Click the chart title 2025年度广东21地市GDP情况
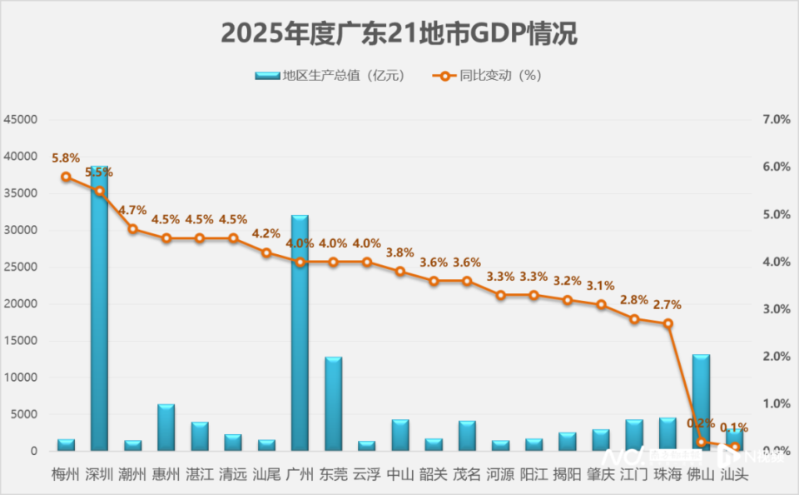399,34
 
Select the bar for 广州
300,333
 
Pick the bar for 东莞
333,404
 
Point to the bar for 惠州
166,427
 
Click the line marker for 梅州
66,177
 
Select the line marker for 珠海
667,323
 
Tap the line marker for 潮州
132,228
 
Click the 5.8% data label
66,157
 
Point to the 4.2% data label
266,233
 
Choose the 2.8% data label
634,300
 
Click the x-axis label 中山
400,474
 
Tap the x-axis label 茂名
467,474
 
